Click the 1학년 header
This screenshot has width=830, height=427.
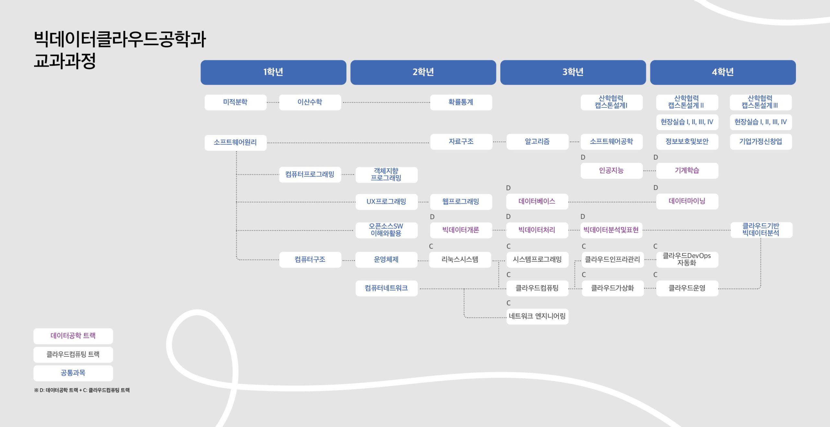click(273, 72)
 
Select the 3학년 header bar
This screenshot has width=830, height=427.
click(573, 72)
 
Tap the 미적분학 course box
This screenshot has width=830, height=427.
click(235, 102)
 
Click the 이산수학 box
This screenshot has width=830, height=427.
click(310, 102)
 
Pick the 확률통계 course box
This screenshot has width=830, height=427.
click(461, 102)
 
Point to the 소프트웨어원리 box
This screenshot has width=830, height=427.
click(235, 142)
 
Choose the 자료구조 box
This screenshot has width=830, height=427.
click(461, 142)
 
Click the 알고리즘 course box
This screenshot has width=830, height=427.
click(537, 142)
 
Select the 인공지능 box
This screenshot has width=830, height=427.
click(611, 171)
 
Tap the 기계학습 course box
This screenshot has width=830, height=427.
click(687, 171)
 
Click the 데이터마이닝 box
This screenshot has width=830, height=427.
click(687, 201)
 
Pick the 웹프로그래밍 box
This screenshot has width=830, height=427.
click(461, 202)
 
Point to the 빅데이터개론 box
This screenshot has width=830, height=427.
click(461, 230)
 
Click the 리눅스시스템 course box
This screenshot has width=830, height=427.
click(460, 260)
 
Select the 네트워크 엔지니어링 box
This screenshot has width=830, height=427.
click(537, 316)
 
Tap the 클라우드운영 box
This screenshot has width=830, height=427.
click(687, 288)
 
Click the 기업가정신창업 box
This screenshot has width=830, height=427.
click(761, 142)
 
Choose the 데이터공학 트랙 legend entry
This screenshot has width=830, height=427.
click(73, 336)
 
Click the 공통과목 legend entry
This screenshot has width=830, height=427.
click(73, 373)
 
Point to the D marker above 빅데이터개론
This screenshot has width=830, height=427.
click(432, 217)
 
